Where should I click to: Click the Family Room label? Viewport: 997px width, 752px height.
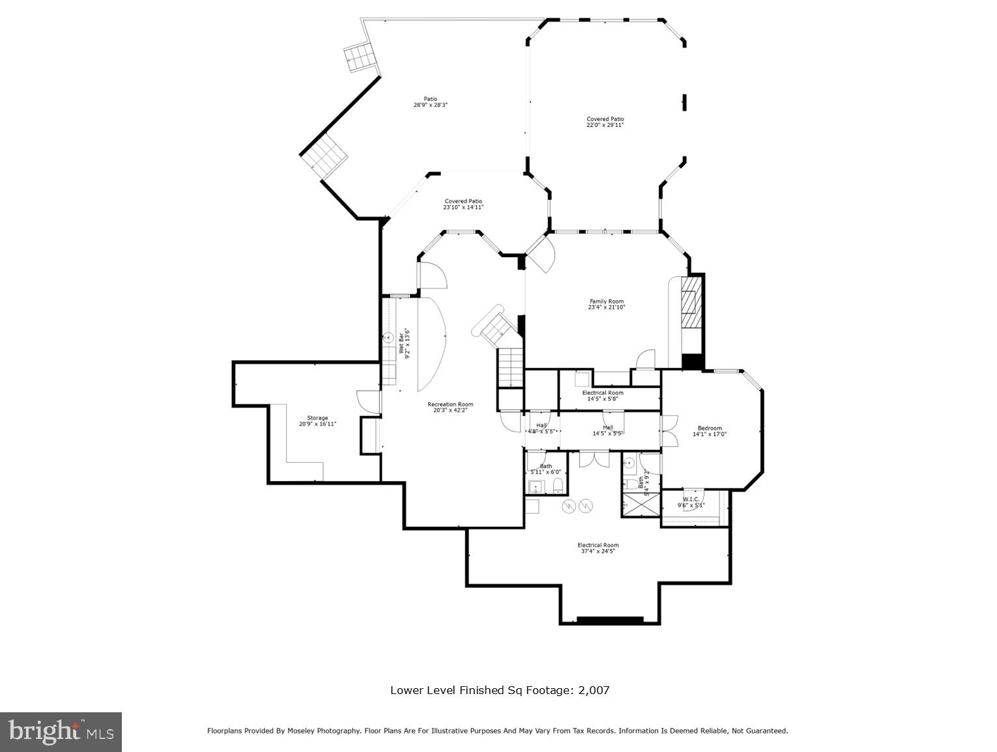607,304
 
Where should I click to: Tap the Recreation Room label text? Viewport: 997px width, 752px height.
450,407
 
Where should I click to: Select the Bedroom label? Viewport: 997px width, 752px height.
710,431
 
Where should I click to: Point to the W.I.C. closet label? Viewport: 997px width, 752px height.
691,502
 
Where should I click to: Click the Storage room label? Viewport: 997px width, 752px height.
318,421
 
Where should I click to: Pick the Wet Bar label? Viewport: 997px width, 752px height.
405,343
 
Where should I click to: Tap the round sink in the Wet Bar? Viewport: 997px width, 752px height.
388,337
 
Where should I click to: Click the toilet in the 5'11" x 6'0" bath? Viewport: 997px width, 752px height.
558,485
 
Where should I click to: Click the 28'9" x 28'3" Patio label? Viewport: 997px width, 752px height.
431,102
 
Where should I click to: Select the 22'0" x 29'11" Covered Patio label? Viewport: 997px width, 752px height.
605,122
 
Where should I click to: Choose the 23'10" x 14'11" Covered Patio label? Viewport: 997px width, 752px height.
463,204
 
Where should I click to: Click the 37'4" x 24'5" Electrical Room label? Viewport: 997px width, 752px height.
598,548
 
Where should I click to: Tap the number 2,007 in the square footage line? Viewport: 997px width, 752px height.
594,690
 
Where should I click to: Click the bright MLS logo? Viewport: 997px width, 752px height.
61,732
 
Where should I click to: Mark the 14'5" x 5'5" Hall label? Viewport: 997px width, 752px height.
608,430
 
